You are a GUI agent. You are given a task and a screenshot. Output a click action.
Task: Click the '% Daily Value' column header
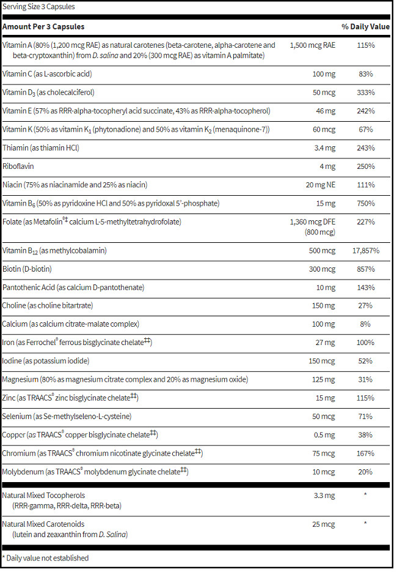coord(365,27)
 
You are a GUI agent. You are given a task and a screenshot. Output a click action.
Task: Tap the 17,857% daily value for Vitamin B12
coord(366,251)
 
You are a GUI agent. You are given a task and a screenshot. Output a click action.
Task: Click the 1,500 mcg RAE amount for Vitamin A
coord(313,45)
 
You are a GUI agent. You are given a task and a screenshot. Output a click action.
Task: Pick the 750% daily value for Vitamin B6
coord(366,203)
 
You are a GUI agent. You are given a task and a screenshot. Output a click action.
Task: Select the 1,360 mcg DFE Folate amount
coord(313,221)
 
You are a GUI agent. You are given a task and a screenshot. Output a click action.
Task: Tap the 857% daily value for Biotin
coord(366,269)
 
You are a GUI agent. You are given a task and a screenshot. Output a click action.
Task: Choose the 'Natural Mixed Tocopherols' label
coord(44,495)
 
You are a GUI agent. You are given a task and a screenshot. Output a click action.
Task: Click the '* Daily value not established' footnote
coord(46,558)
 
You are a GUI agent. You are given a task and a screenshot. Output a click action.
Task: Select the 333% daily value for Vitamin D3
coord(366,93)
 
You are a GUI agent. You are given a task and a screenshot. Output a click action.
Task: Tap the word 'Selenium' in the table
coord(18,416)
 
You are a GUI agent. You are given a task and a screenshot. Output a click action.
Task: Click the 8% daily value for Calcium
coord(366,323)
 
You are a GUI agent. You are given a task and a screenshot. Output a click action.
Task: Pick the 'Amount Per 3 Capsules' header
coord(43,27)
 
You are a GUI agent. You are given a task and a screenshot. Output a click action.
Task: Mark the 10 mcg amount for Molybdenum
coord(324,471)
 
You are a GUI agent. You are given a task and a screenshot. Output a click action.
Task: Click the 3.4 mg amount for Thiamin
coord(324,148)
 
